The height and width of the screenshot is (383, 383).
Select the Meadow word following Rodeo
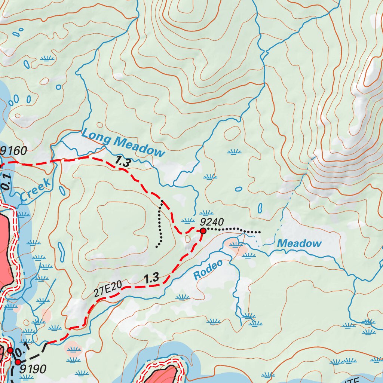pyautogui.click(x=299, y=243)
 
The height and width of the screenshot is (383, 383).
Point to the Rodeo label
pyautogui.click(x=208, y=269)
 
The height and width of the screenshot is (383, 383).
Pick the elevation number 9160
pyautogui.click(x=14, y=151)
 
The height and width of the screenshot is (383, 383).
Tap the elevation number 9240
pyautogui.click(x=212, y=221)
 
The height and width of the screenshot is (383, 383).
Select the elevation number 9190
pyautogui.click(x=33, y=369)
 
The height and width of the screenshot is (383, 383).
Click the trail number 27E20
pyautogui.click(x=108, y=289)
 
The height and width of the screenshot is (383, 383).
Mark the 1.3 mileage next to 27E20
pyautogui.click(x=151, y=278)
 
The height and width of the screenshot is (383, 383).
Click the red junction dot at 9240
pyautogui.click(x=203, y=231)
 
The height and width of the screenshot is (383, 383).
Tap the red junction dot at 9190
pyautogui.click(x=18, y=362)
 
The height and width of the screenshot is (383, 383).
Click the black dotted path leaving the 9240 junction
pyautogui.click(x=232, y=229)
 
